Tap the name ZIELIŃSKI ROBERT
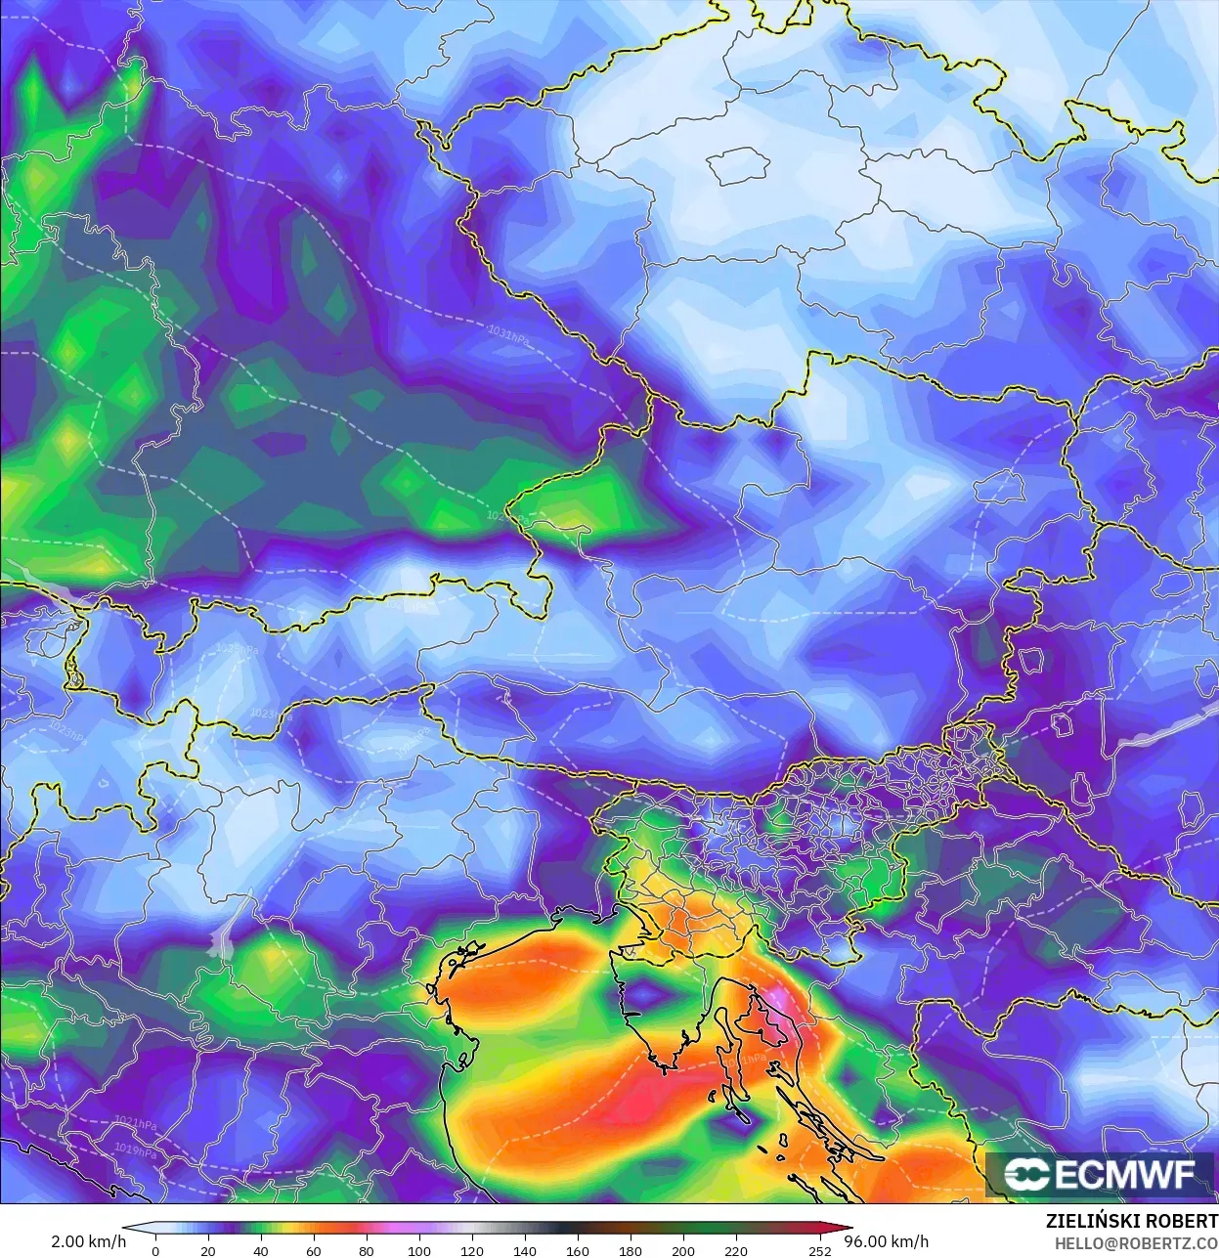click(1131, 1222)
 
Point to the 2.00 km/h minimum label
click(88, 1241)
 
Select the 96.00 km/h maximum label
click(886, 1241)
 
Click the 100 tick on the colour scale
click(418, 1251)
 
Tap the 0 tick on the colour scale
click(155, 1251)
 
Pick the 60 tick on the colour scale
click(313, 1251)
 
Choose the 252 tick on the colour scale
click(819, 1251)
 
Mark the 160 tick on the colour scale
click(577, 1251)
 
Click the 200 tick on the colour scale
click(682, 1251)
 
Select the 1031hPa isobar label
click(508, 338)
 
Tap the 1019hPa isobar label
click(135, 1150)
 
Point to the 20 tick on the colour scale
click(207, 1251)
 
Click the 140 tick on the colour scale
click(524, 1251)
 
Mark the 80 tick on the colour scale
click(366, 1251)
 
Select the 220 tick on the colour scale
click(735, 1251)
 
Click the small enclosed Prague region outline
click(741, 166)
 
